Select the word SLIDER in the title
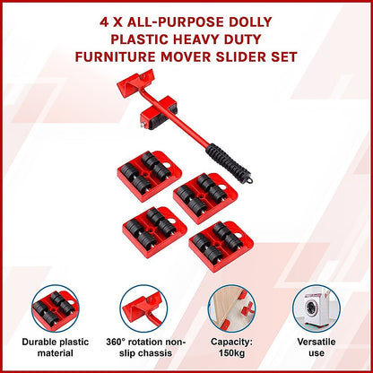click(x=261, y=58)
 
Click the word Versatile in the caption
click(x=318, y=343)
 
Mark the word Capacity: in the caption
click(x=230, y=343)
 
